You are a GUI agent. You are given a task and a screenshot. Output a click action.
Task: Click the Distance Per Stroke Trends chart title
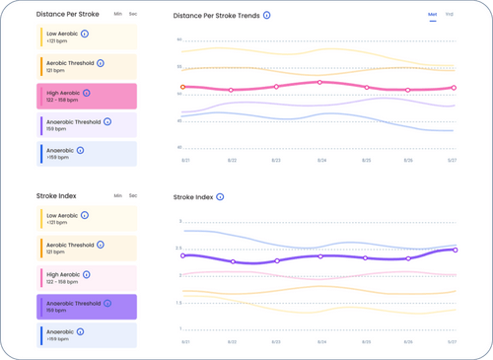(x=216, y=16)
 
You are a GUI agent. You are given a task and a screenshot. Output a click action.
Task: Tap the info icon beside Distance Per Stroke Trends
(x=267, y=16)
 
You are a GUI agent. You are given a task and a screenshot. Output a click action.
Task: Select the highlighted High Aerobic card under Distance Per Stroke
(x=88, y=96)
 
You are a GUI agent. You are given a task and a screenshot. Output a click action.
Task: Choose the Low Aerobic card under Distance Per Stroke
(x=88, y=36)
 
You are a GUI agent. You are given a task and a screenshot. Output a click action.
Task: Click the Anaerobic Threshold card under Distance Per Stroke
(x=88, y=125)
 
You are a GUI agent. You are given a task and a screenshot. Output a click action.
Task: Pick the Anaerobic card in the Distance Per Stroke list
(x=88, y=154)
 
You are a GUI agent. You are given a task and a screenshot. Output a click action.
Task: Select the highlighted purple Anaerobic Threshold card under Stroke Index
(x=88, y=307)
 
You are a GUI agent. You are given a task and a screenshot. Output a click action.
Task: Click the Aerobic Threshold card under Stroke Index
(x=88, y=249)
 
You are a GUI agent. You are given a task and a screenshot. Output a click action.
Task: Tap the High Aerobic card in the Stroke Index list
(x=88, y=278)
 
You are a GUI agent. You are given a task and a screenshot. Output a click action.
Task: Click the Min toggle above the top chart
(x=433, y=15)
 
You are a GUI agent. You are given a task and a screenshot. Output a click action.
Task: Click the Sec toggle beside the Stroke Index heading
(x=133, y=196)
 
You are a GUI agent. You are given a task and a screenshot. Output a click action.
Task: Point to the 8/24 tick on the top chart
(x=321, y=160)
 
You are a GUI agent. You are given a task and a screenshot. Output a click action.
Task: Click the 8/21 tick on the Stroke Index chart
(x=185, y=341)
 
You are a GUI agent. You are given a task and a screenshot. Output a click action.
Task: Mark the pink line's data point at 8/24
(x=320, y=83)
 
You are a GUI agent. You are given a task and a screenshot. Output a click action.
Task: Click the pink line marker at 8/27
(x=454, y=88)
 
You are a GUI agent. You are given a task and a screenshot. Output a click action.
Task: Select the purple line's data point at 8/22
(x=233, y=261)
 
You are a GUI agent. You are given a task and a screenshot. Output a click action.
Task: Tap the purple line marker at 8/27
(x=456, y=250)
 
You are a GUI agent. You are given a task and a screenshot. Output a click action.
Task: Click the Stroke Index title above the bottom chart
(x=193, y=197)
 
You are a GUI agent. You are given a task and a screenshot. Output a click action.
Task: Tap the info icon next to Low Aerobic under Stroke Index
(x=85, y=215)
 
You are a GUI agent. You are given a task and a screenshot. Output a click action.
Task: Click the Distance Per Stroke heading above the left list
(x=67, y=15)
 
